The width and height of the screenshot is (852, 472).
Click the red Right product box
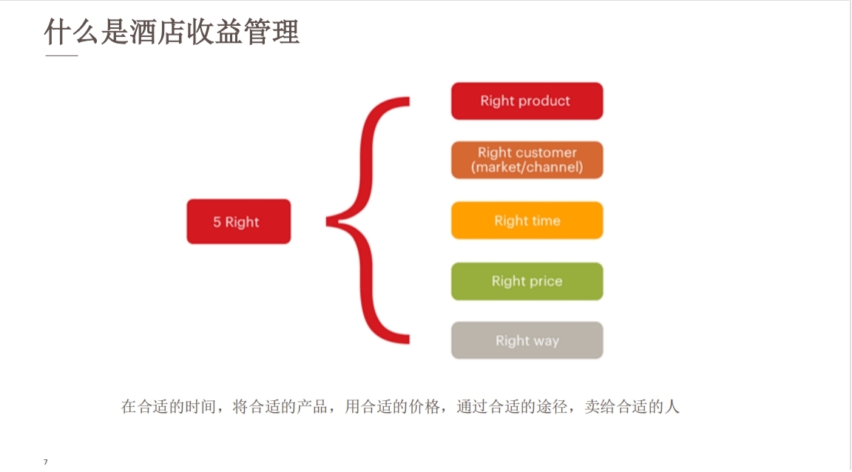click(x=527, y=101)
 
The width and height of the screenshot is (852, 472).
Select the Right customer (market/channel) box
click(x=527, y=160)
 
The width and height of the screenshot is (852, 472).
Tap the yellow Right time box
click(x=527, y=220)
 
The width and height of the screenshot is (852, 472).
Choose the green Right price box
click(x=527, y=281)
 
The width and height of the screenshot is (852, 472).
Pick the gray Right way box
click(x=527, y=340)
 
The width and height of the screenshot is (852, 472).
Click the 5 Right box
click(x=238, y=221)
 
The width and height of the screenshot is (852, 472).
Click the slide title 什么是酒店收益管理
click(x=172, y=32)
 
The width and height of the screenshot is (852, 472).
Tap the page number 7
click(x=46, y=462)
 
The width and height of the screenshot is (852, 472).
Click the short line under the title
click(x=61, y=56)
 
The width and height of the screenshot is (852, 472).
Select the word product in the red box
click(x=544, y=101)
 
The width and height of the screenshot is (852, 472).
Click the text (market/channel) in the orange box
click(x=527, y=167)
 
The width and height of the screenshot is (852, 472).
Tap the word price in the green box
click(x=545, y=281)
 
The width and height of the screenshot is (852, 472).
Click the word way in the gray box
click(x=546, y=340)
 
